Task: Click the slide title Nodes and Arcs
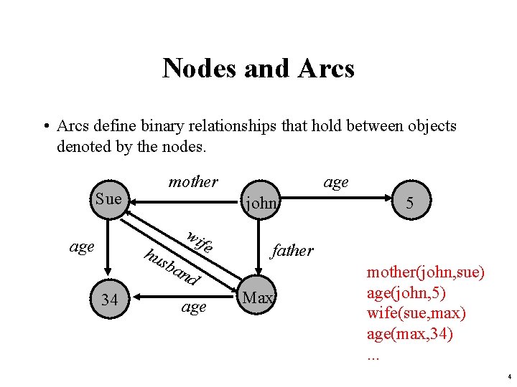[x=258, y=68]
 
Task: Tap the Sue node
[x=108, y=199]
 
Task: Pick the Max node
[x=258, y=297]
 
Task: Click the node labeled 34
[x=109, y=300]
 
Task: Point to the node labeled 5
[x=409, y=204]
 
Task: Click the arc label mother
[x=192, y=182]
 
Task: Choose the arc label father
[x=292, y=250]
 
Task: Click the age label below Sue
[x=82, y=247]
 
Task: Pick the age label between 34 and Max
[x=194, y=307]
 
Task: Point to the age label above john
[x=336, y=182]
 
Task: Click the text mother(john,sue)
[x=426, y=273]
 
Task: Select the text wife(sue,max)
[x=416, y=314]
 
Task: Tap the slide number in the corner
[x=508, y=376]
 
